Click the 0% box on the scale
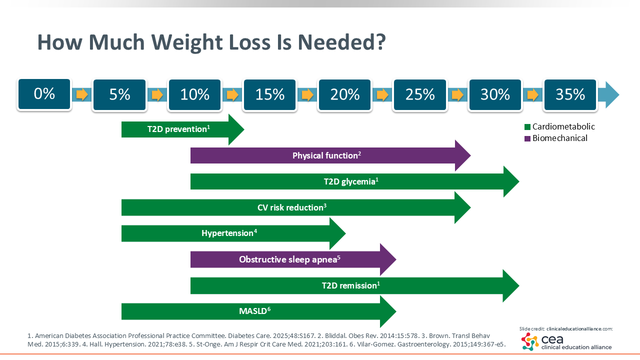tap(44, 94)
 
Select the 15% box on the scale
tap(270, 94)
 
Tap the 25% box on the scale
tap(420, 94)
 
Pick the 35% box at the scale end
tap(570, 94)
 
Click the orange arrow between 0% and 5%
tap(82, 94)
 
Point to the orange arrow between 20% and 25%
tap(382, 94)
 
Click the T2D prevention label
tap(178, 129)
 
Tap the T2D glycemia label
tap(350, 181)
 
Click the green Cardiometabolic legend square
tap(527, 127)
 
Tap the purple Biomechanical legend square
tap(527, 138)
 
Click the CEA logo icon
tap(529, 341)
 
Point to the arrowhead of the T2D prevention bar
tap(236, 129)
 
